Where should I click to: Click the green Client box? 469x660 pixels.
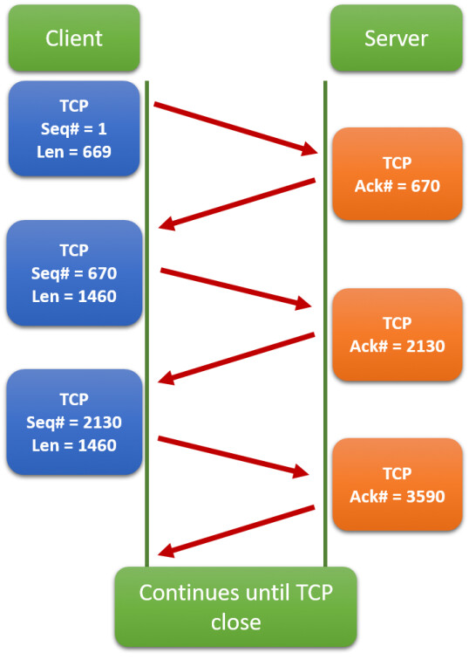(x=74, y=38)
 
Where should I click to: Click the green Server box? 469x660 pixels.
(x=397, y=38)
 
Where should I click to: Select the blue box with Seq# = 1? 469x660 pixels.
(x=74, y=128)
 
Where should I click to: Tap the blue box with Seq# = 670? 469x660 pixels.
(x=74, y=272)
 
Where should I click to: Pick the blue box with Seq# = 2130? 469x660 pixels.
(x=74, y=422)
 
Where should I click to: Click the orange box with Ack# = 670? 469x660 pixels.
(x=398, y=174)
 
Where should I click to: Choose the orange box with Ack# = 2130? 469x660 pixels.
(x=398, y=334)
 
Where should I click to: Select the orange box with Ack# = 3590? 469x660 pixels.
(x=398, y=485)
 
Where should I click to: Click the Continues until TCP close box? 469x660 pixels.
(x=235, y=607)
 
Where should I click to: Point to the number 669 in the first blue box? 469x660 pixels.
(x=97, y=152)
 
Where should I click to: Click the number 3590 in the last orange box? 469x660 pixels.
(x=425, y=497)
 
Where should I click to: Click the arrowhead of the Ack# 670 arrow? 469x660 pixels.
(x=167, y=223)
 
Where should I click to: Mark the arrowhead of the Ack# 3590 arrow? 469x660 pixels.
(x=166, y=551)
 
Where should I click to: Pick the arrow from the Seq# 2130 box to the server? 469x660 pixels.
(x=234, y=457)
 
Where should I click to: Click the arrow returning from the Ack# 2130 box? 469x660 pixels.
(x=236, y=358)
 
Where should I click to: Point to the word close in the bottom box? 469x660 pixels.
(x=235, y=622)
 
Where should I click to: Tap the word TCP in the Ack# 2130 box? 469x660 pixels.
(x=398, y=323)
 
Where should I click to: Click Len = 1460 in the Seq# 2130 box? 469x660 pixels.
(x=74, y=445)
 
